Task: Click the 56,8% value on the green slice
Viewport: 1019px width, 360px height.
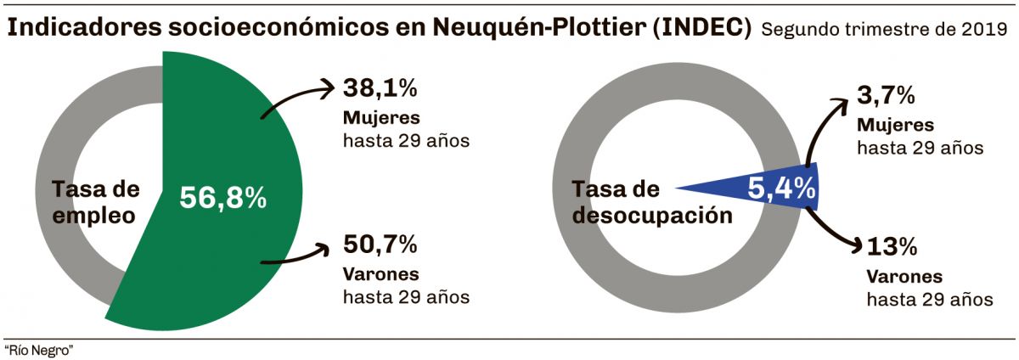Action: (x=223, y=198)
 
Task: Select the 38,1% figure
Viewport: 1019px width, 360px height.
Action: (x=380, y=87)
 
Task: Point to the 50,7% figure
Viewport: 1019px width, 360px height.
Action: (x=380, y=245)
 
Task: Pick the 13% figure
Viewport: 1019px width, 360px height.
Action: (x=892, y=247)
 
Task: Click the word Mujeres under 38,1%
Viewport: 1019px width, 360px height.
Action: (x=381, y=116)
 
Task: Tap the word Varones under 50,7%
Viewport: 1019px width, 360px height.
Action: (x=381, y=274)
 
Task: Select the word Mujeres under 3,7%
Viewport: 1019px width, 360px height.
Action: (x=895, y=124)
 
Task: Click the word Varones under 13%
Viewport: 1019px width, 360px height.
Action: (x=904, y=277)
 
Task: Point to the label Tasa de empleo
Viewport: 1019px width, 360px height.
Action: (x=95, y=202)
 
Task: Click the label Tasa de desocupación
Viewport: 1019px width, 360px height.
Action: (x=652, y=202)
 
